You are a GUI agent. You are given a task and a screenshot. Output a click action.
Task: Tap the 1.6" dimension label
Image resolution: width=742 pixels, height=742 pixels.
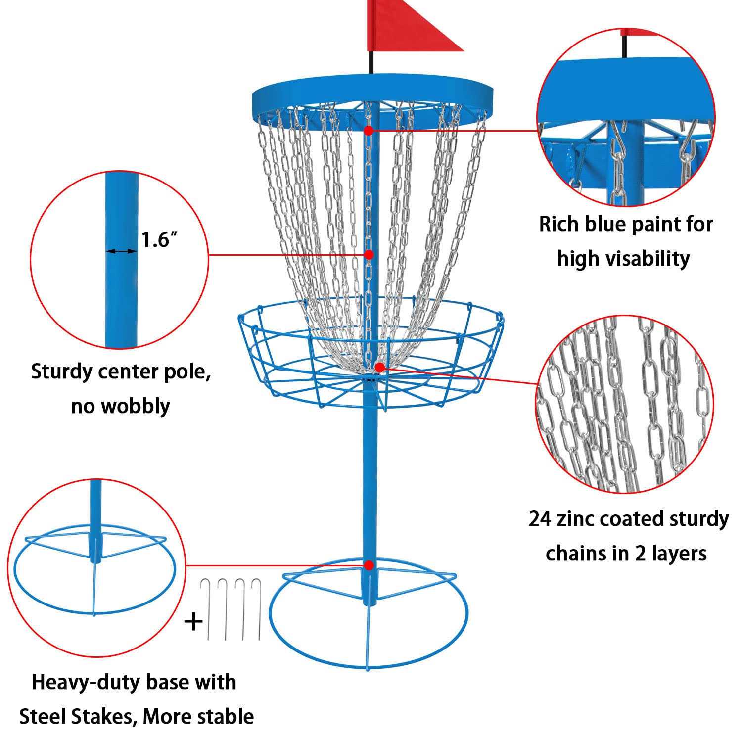pos(160,240)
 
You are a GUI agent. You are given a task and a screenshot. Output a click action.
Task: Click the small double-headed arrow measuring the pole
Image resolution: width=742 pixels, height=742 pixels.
pos(121,251)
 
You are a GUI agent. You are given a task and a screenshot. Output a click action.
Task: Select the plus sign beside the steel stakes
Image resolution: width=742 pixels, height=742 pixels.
pos(193,621)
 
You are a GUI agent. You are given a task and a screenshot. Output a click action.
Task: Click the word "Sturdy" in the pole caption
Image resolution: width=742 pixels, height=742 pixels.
pos(62,371)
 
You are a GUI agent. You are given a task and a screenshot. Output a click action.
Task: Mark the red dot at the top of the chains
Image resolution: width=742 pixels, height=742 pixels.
pos(369,130)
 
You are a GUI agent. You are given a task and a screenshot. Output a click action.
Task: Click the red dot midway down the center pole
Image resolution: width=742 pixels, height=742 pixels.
pos(369,254)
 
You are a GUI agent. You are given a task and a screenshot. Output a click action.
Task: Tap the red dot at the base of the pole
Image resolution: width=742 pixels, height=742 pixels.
pos(369,564)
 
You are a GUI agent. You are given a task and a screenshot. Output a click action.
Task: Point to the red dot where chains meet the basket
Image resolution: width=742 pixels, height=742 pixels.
pos(379,367)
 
